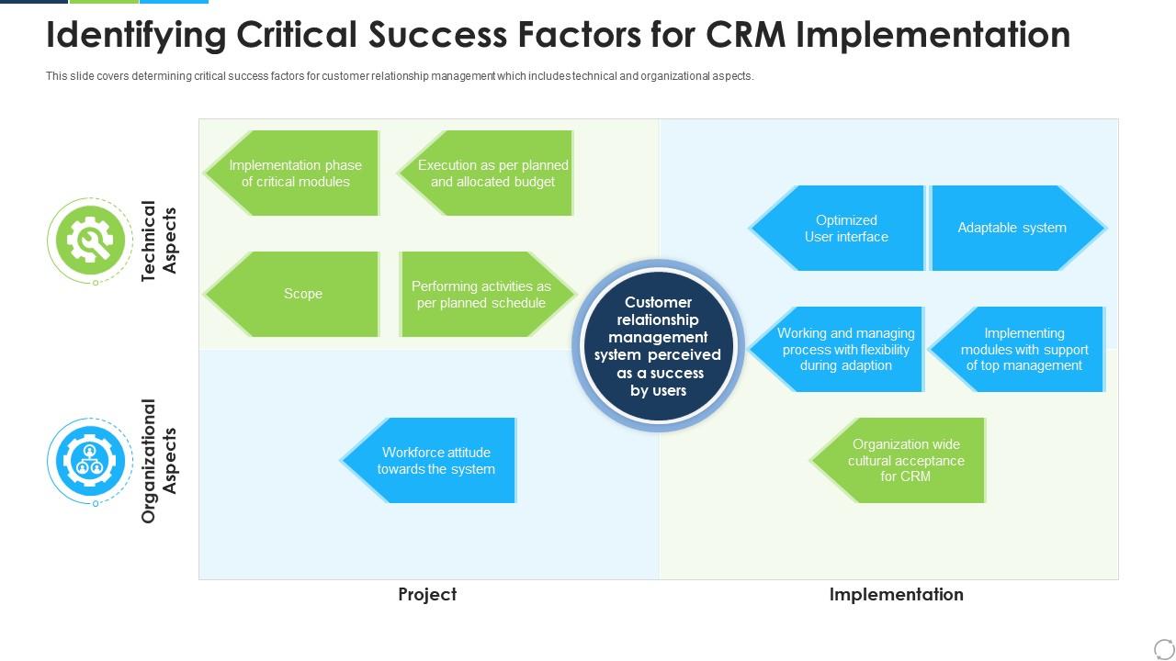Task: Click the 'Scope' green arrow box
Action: pos(292,294)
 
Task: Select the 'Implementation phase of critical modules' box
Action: pos(292,174)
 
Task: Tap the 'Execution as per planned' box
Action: pos(486,174)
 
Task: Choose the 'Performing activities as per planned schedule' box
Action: pos(487,294)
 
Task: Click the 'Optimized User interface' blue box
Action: pos(836,229)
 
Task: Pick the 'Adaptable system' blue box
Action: pos(1019,229)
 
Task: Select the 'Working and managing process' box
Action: pos(836,350)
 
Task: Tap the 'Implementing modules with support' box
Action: pos(1017,350)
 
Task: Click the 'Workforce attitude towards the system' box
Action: pos(428,460)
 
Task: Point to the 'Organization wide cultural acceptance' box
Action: pos(898,460)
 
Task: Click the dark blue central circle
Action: pos(658,346)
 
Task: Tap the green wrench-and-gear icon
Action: pos(90,241)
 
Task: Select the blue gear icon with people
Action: pos(90,461)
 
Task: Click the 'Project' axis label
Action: pos(427,594)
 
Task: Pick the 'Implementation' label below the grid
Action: pos(896,594)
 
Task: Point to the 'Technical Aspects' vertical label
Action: pos(158,241)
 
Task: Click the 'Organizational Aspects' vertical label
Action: pos(158,461)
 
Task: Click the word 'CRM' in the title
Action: pos(745,35)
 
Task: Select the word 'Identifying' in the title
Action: pos(136,36)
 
